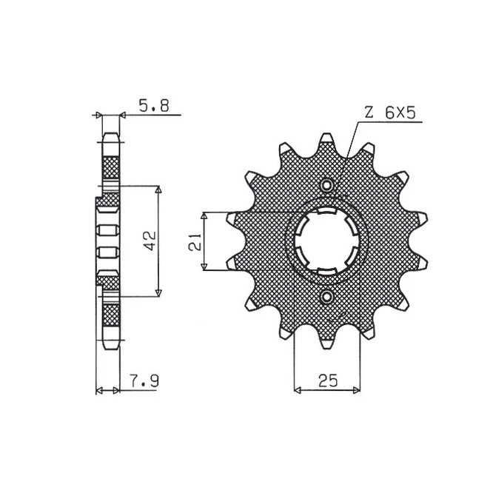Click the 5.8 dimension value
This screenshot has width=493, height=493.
[x=154, y=106]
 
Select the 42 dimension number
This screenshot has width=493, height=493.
[x=150, y=241]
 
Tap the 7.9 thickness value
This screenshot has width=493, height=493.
[x=144, y=381]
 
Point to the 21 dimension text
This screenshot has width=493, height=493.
[x=195, y=241]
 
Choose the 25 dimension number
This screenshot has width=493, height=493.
[x=328, y=380]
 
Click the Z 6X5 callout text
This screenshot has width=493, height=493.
[x=390, y=113]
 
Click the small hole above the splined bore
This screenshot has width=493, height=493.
[x=327, y=185]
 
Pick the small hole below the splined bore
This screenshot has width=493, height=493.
[x=327, y=297]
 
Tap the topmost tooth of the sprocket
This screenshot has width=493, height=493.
[x=327, y=141]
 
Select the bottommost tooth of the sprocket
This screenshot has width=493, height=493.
[x=327, y=341]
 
